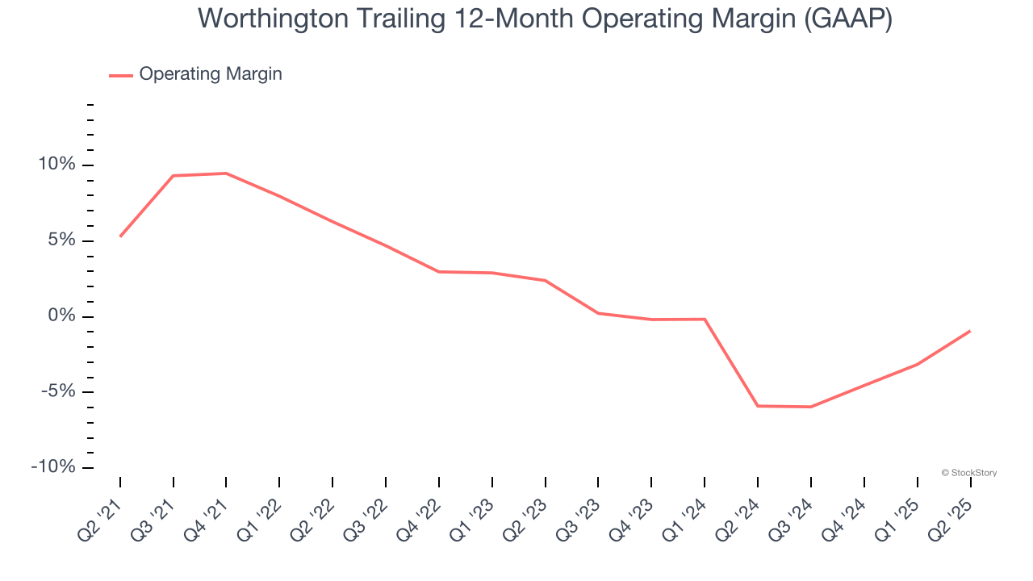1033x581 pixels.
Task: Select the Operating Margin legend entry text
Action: [x=211, y=74]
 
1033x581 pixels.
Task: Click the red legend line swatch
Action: [x=121, y=75]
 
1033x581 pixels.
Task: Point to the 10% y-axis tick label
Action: [x=56, y=165]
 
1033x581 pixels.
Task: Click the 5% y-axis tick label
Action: [x=61, y=240]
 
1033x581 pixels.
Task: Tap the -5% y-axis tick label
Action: [x=57, y=392]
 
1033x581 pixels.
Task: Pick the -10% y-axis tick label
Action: [x=53, y=468]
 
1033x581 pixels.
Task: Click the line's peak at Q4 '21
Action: [x=226, y=173]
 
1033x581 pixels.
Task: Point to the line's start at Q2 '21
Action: [x=120, y=236]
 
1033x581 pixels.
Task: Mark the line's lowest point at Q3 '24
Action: [x=811, y=407]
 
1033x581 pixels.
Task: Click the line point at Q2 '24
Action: [x=758, y=406]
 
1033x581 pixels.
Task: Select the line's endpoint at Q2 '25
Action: [x=969, y=331]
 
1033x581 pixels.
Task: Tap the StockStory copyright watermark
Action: [x=969, y=473]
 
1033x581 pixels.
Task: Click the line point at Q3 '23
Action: [x=598, y=313]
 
